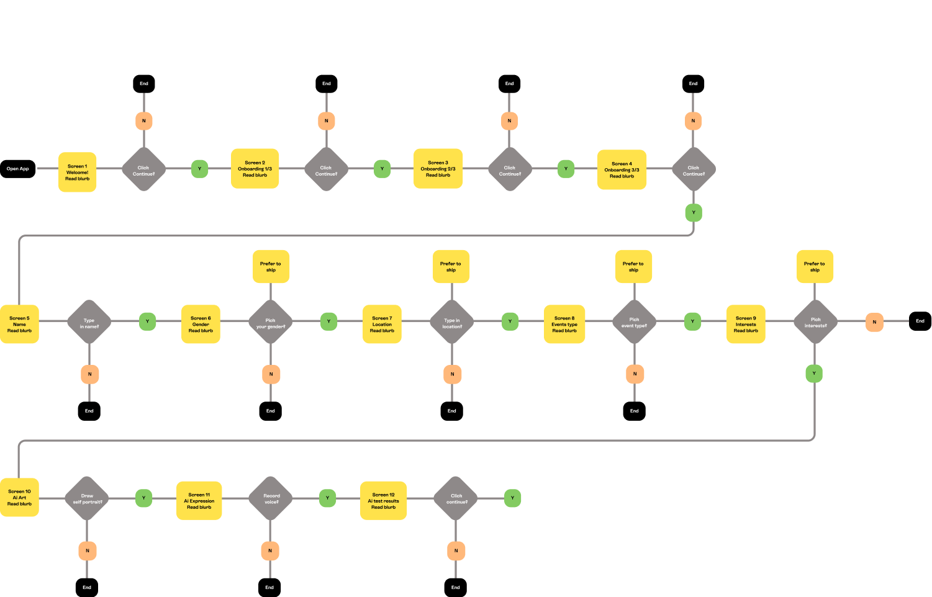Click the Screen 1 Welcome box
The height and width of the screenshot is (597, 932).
[x=78, y=172]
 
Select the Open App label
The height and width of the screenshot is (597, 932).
[x=18, y=169]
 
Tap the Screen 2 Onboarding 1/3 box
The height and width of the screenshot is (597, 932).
[x=255, y=168]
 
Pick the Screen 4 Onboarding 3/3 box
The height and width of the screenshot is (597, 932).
[x=622, y=169]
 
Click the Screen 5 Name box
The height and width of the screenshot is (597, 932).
[x=19, y=324]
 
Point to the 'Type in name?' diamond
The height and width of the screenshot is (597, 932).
[x=89, y=322]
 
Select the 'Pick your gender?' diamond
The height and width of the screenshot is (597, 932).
[x=271, y=322]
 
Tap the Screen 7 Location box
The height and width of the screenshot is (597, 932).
[x=382, y=324]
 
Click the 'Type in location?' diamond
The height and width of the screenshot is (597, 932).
[x=452, y=322]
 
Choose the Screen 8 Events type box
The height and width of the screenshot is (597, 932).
[x=564, y=324]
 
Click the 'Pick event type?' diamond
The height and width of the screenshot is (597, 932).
[x=634, y=322]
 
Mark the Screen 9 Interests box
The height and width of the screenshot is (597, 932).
[x=746, y=324]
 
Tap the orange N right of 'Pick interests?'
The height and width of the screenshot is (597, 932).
[x=874, y=321]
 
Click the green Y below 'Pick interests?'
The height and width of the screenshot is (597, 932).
[x=814, y=374]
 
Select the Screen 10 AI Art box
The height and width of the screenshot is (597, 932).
[x=19, y=497]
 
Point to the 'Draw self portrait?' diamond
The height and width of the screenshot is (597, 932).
[x=87, y=498]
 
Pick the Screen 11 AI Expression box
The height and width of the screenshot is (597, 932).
[x=199, y=500]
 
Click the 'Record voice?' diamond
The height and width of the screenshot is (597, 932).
[x=271, y=498]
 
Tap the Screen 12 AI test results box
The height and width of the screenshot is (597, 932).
[x=383, y=500]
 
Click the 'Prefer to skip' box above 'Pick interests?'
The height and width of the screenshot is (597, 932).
[x=815, y=266]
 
